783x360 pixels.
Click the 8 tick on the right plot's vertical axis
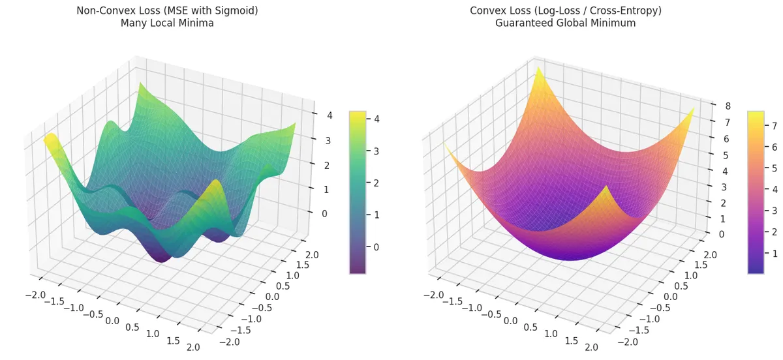(x=718, y=106)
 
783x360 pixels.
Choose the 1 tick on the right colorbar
(x=775, y=253)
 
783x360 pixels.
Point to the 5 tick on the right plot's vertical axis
(x=718, y=155)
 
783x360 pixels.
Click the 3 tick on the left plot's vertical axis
(x=320, y=141)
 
